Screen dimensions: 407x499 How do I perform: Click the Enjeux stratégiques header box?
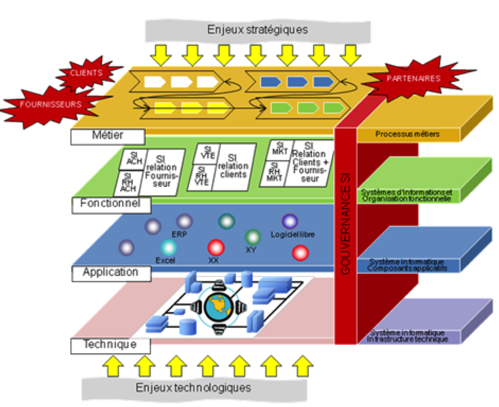tap(258, 29)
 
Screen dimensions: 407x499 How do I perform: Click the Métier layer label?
tap(108, 137)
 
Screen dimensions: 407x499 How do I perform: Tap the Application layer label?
tap(111, 273)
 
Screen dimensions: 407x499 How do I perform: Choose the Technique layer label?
tap(110, 345)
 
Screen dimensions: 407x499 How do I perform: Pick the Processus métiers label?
tap(408, 134)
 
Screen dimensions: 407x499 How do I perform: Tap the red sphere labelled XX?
tap(215, 247)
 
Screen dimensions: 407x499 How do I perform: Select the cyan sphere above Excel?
tap(169, 247)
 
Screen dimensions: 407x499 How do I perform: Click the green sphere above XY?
tap(253, 237)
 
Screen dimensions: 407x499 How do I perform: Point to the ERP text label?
tap(179, 234)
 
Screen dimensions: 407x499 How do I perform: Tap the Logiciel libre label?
tap(293, 235)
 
